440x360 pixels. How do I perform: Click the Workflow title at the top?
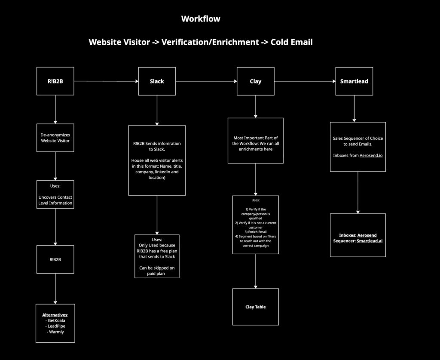(x=201, y=19)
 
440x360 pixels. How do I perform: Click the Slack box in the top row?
(x=157, y=81)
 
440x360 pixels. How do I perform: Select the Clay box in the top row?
(x=256, y=81)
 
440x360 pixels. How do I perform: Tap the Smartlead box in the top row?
(x=354, y=81)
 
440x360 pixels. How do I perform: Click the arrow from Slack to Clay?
(x=206, y=81)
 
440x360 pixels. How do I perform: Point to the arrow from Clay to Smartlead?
(x=305, y=81)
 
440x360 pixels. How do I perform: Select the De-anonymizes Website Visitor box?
(x=55, y=138)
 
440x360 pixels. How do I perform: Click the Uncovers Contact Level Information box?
(x=55, y=194)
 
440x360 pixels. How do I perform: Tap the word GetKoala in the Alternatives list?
(x=55, y=320)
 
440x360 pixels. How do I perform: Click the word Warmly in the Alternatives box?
(x=55, y=332)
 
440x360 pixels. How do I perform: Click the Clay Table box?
(x=256, y=307)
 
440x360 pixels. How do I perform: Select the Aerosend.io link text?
(x=369, y=155)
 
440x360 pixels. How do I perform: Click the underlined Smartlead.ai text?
(x=370, y=241)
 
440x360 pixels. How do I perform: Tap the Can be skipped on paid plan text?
(x=157, y=271)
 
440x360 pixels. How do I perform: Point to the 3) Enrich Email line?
(x=256, y=231)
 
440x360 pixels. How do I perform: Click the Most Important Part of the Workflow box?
(x=256, y=141)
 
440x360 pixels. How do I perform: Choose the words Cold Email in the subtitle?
(x=291, y=42)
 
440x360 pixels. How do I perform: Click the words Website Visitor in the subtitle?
(x=119, y=42)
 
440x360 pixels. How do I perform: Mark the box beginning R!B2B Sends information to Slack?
(x=157, y=160)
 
